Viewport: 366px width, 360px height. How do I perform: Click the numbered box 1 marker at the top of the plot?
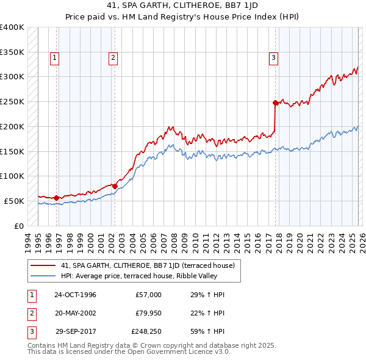coord(55,58)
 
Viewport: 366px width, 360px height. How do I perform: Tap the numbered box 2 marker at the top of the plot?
coord(113,58)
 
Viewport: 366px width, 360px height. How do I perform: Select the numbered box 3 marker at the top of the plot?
coord(274,58)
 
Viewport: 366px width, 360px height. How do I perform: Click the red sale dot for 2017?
coord(275,103)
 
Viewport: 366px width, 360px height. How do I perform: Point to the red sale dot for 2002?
coord(115,186)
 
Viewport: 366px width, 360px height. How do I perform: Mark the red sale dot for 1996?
coord(56,198)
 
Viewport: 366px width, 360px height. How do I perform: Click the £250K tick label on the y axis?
coord(12,101)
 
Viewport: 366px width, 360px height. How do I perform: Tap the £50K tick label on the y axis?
coord(15,201)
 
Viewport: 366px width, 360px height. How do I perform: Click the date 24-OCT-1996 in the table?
coord(75,295)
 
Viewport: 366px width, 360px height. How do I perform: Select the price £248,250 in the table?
coord(146,333)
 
